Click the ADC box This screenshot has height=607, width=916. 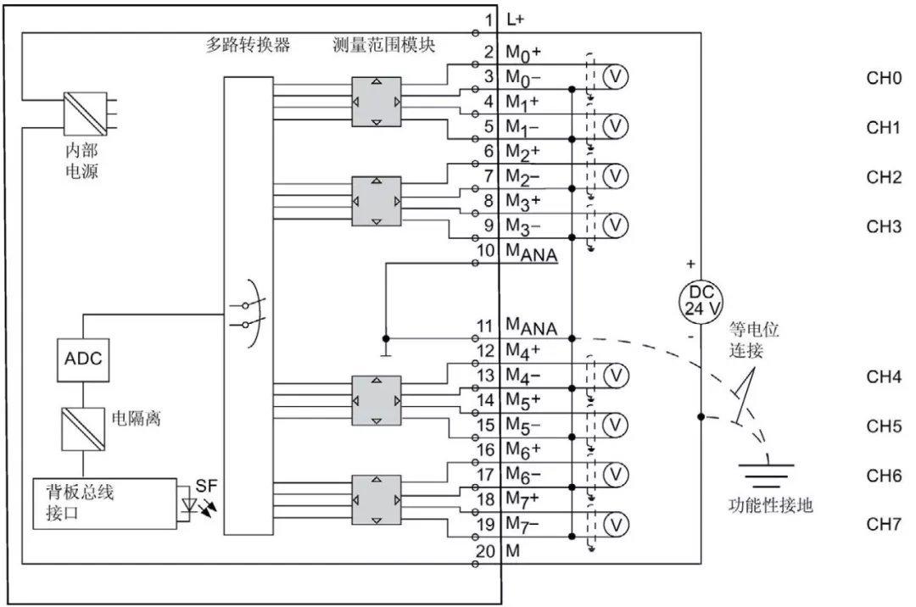[x=83, y=359]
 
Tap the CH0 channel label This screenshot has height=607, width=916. [x=883, y=79]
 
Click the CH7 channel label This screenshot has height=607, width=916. [x=883, y=524]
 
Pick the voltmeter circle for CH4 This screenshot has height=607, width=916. [x=617, y=375]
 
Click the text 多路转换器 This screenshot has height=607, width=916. [x=248, y=45]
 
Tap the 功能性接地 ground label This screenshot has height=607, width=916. [x=771, y=505]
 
